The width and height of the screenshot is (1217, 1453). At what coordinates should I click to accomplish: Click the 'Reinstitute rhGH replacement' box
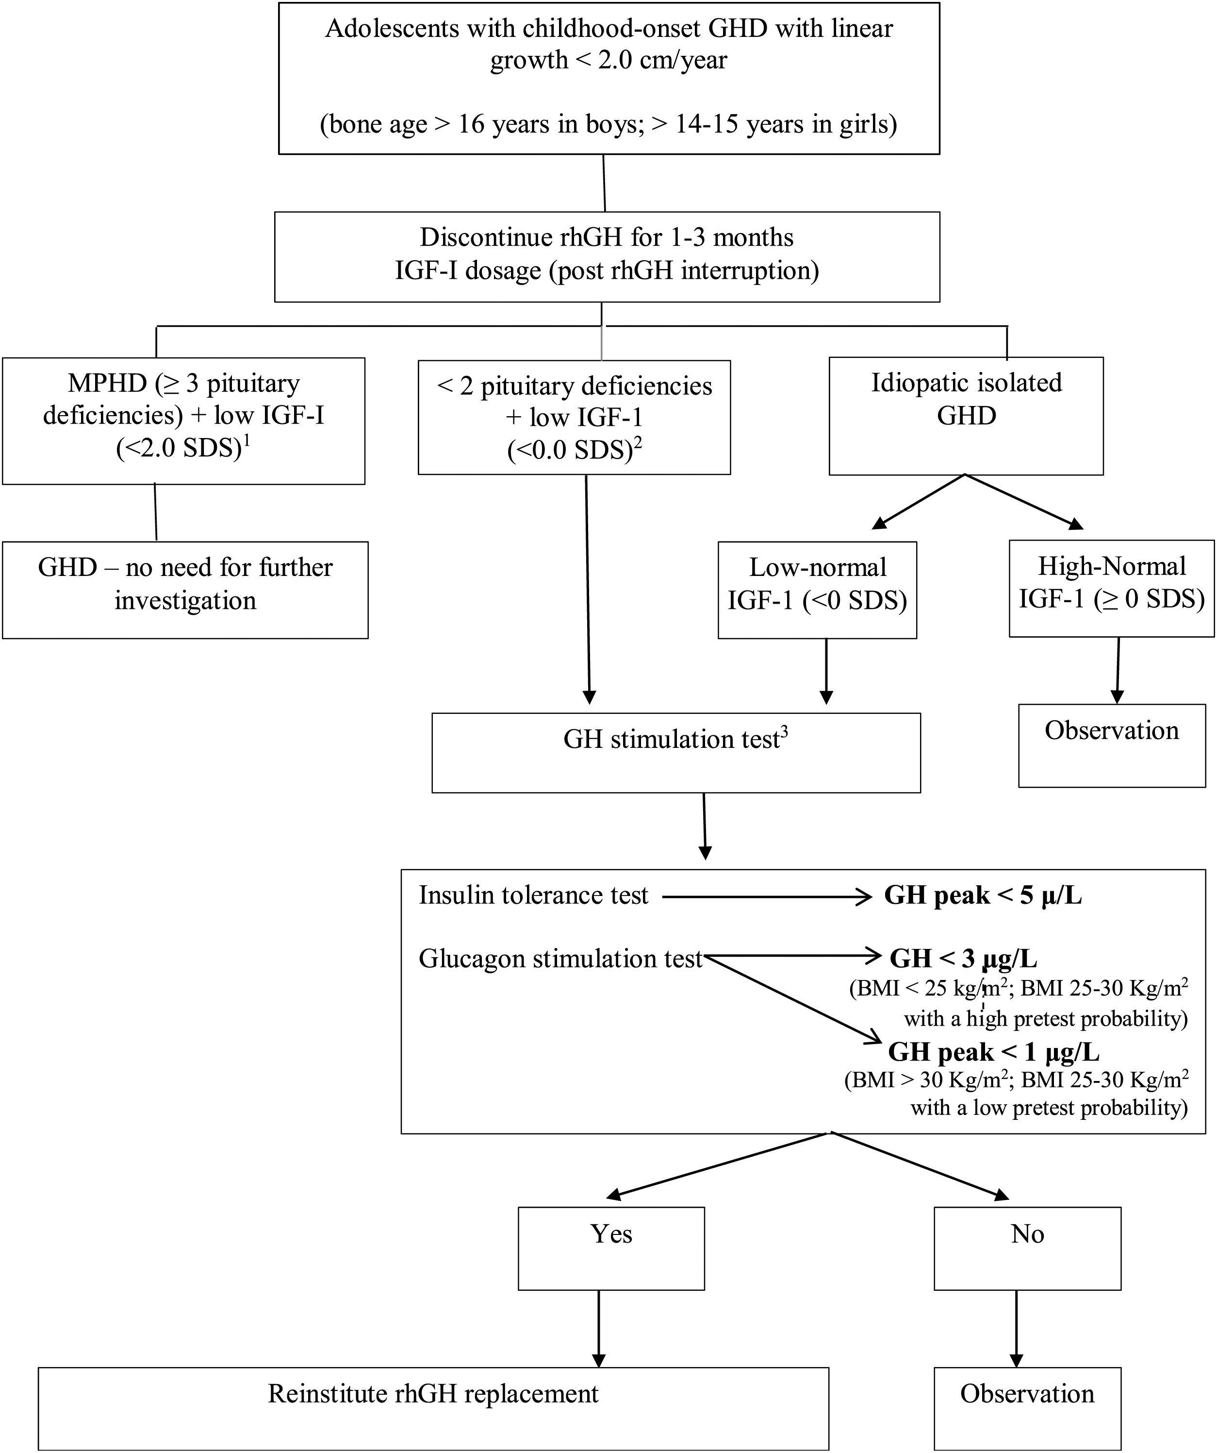pyautogui.click(x=433, y=1407)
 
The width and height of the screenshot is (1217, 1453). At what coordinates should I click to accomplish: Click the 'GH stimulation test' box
pyautogui.click(x=675, y=753)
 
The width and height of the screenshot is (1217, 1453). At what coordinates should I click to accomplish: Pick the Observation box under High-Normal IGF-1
pyautogui.click(x=1111, y=745)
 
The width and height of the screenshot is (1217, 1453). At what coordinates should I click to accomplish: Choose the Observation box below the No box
pyautogui.click(x=1027, y=1407)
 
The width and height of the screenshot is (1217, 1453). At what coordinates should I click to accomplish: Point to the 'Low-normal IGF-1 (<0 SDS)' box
pyautogui.click(x=817, y=590)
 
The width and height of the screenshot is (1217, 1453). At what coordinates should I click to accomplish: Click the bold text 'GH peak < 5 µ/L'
pyautogui.click(x=983, y=895)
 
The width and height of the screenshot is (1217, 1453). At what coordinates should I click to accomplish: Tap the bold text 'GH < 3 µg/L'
pyautogui.click(x=963, y=958)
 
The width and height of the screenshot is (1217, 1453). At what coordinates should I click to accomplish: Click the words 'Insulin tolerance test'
pyautogui.click(x=533, y=895)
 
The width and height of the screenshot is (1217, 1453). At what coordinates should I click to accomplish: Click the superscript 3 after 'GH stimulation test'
pyautogui.click(x=784, y=731)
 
